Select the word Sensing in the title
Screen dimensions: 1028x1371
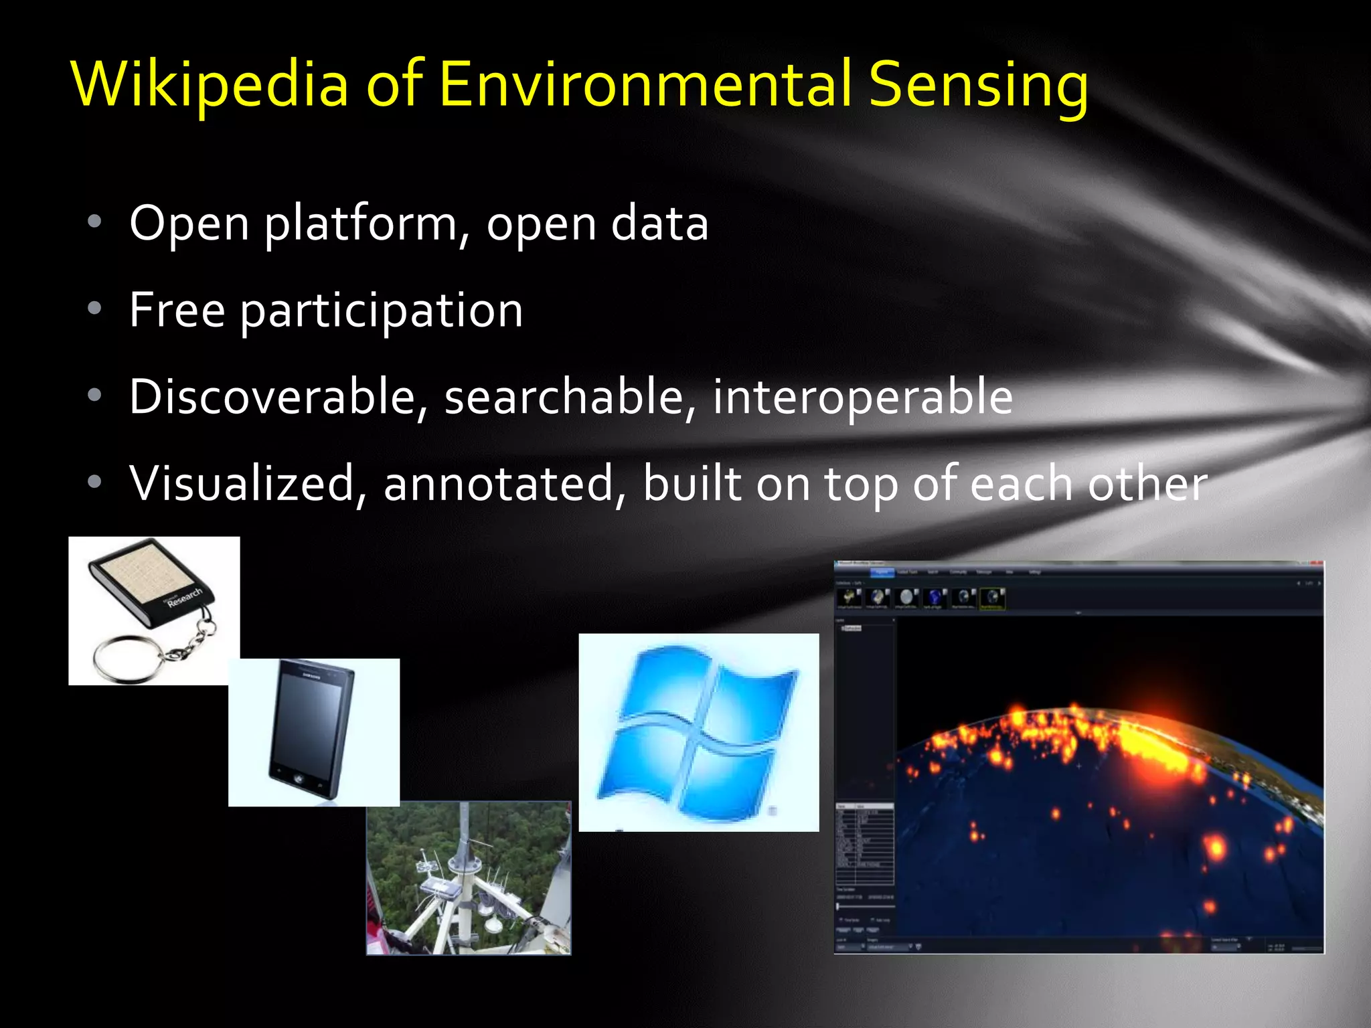pos(978,84)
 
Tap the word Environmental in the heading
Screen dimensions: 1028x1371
pos(645,84)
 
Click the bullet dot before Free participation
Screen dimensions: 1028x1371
pos(94,309)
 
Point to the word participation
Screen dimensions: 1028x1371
pos(382,311)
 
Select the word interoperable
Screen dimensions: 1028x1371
pos(862,397)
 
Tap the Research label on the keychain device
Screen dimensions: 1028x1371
pos(184,596)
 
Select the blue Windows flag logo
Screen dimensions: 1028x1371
pos(698,733)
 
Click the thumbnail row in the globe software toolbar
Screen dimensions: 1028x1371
pos(920,598)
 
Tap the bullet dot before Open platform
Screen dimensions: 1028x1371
pos(94,222)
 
